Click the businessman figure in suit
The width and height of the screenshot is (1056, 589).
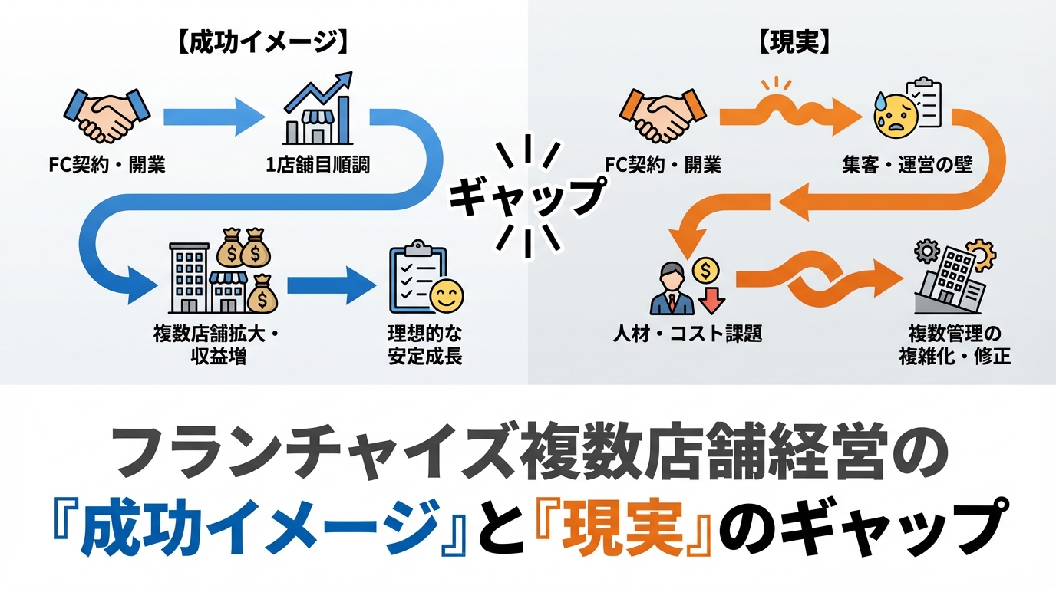point(672,289)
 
